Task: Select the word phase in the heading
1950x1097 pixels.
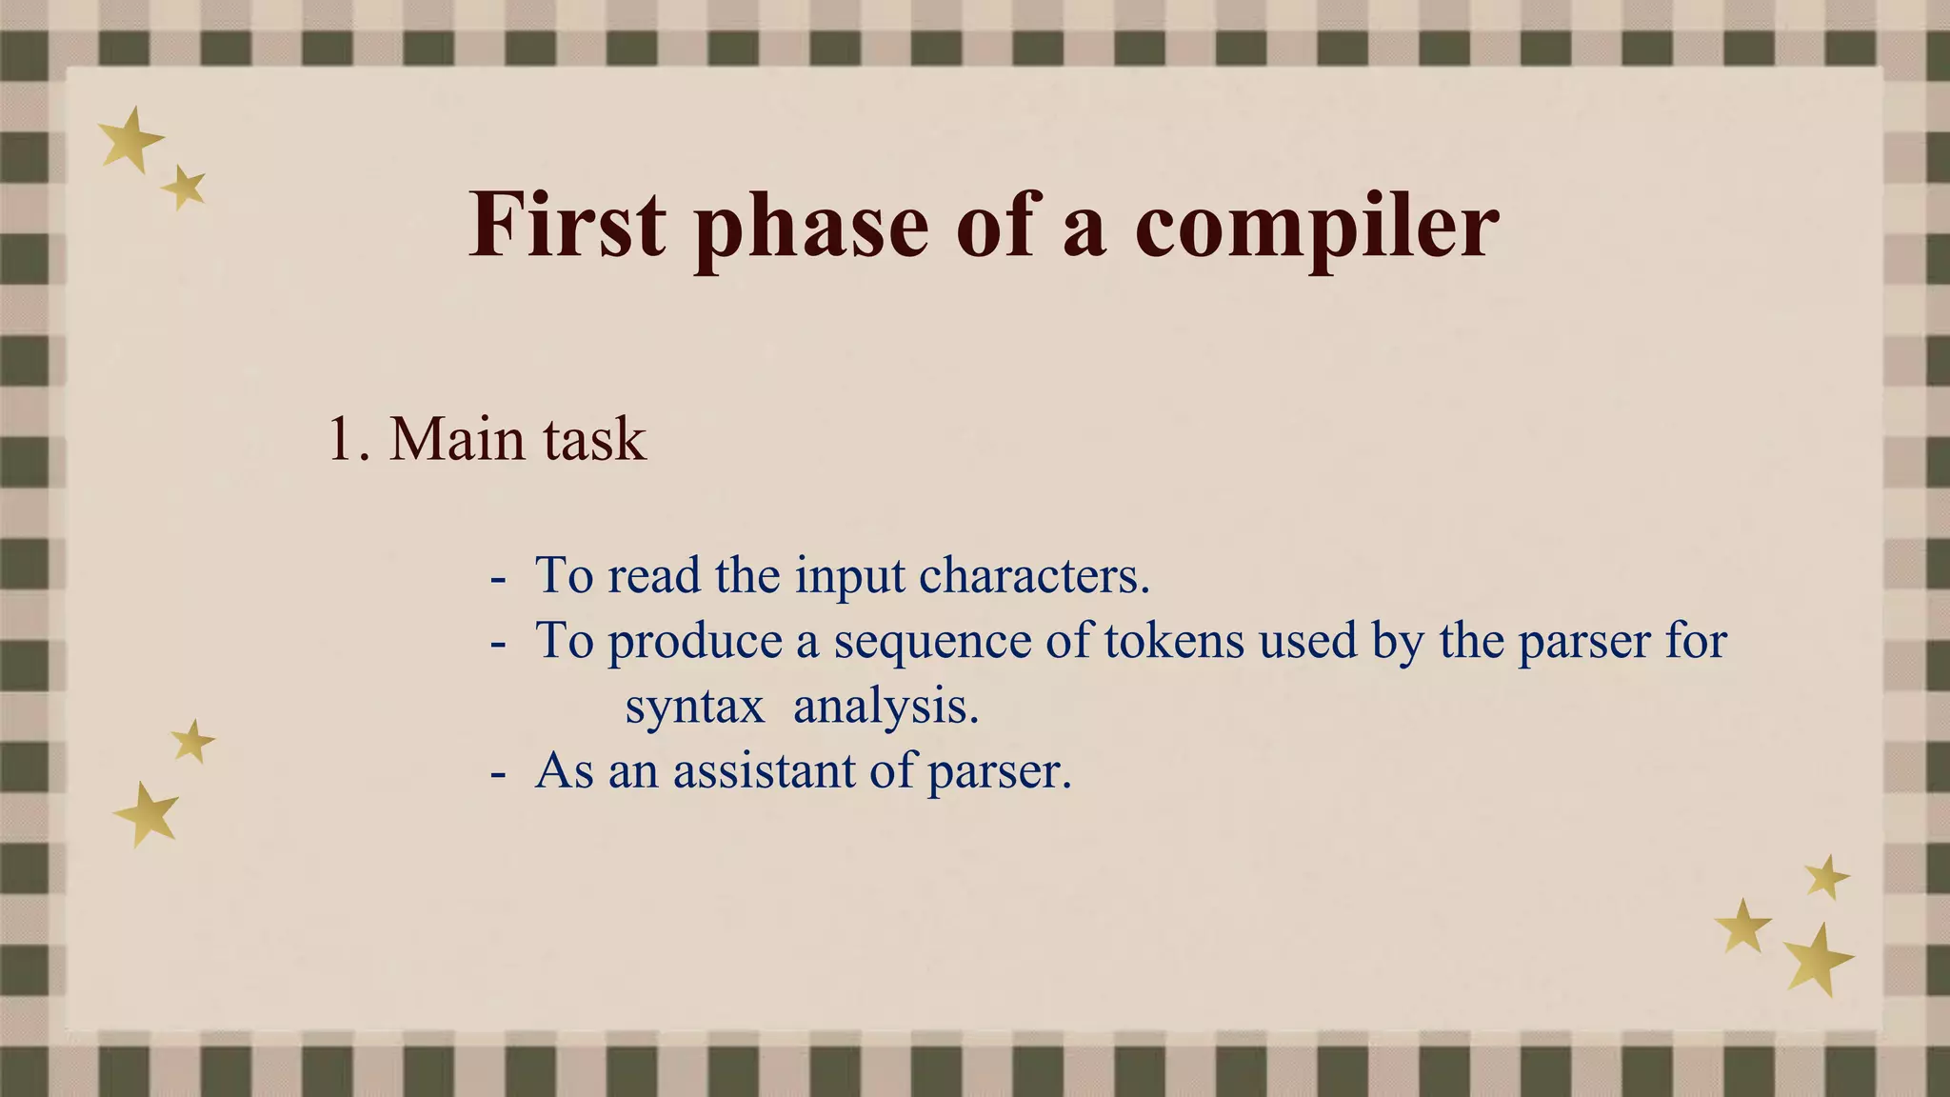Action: pos(810,229)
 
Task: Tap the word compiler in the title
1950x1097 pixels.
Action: pos(1316,229)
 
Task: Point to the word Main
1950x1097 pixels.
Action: pos(444,440)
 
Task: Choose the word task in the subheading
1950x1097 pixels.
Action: pos(594,440)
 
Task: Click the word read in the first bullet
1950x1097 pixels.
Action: pos(653,575)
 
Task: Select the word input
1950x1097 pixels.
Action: pos(849,577)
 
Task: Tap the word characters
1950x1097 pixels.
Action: pos(1034,575)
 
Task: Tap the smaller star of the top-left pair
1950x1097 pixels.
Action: pos(185,187)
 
